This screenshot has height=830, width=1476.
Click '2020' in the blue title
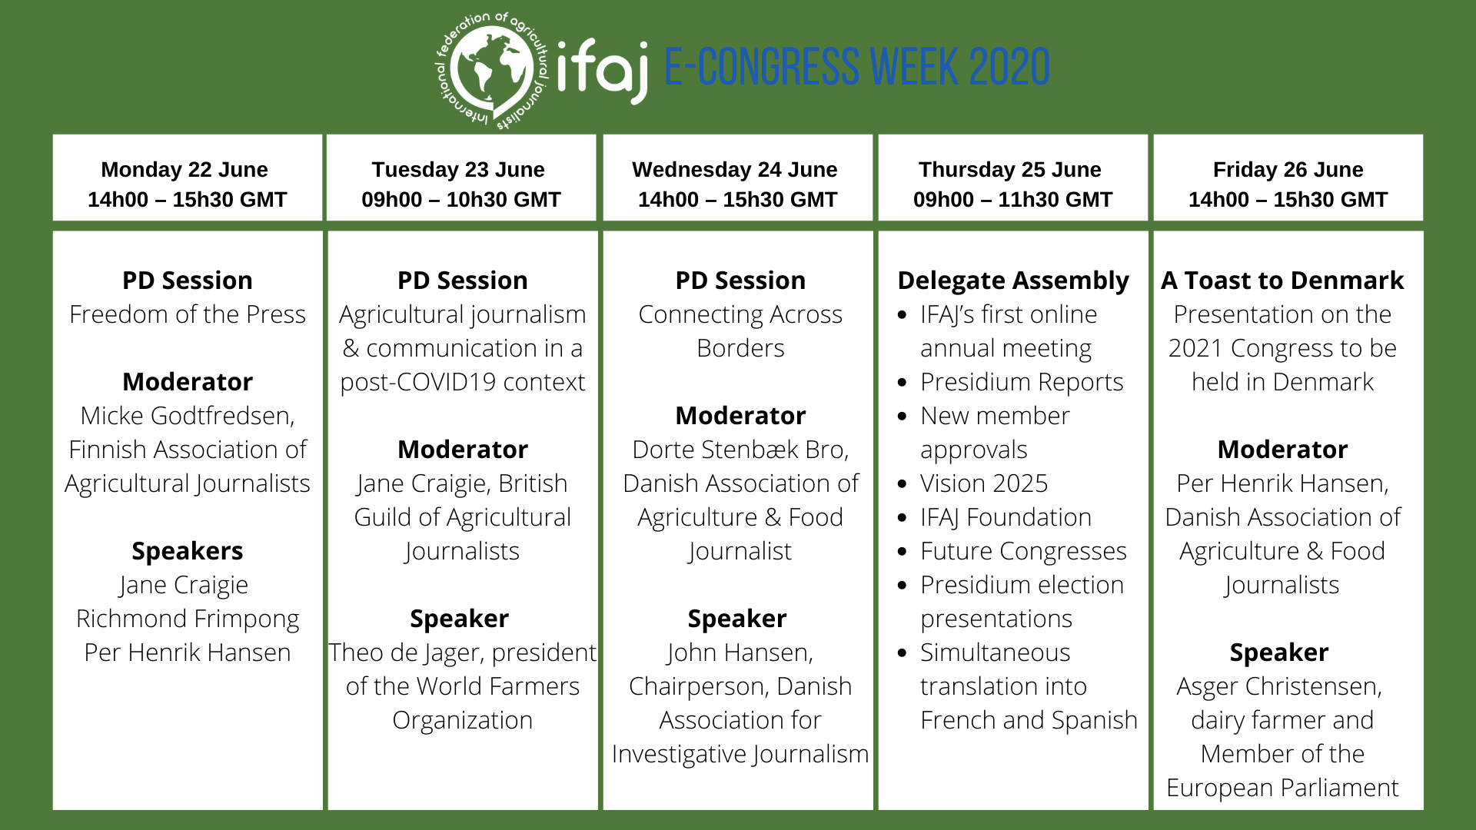coord(1009,67)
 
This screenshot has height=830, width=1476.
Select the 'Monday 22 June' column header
coord(184,169)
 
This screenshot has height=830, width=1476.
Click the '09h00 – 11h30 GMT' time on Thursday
coord(1012,200)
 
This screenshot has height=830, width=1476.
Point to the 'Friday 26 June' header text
coord(1288,169)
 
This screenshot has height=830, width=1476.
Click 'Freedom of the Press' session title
coord(188,314)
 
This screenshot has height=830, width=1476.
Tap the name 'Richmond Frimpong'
coord(188,619)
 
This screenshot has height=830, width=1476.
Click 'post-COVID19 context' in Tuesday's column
coord(463,382)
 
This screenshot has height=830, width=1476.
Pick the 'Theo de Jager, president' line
coord(463,652)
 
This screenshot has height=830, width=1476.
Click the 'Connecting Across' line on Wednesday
coord(740,314)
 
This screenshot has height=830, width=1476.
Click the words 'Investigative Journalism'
coord(740,754)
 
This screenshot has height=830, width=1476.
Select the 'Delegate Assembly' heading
coord(1013,281)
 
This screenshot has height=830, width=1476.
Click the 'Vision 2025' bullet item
coord(984,483)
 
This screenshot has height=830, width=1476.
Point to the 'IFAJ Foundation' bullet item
coord(1006,517)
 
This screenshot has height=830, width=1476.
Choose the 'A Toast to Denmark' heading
coord(1282,281)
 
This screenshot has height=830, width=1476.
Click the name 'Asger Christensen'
coord(1278,686)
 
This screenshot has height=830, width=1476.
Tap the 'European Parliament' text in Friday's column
coord(1282,788)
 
